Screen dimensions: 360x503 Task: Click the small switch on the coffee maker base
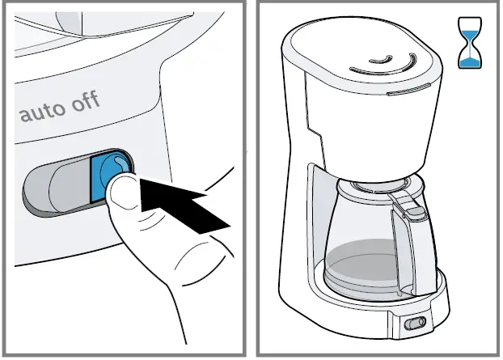(416, 324)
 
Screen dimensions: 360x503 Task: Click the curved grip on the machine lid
(387, 61)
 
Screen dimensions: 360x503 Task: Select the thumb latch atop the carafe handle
(412, 211)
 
